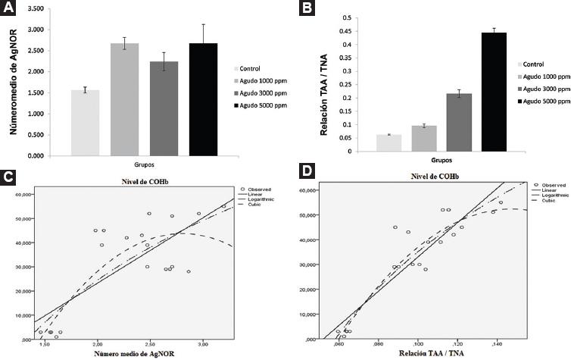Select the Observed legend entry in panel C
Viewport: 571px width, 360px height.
(x=257, y=189)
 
